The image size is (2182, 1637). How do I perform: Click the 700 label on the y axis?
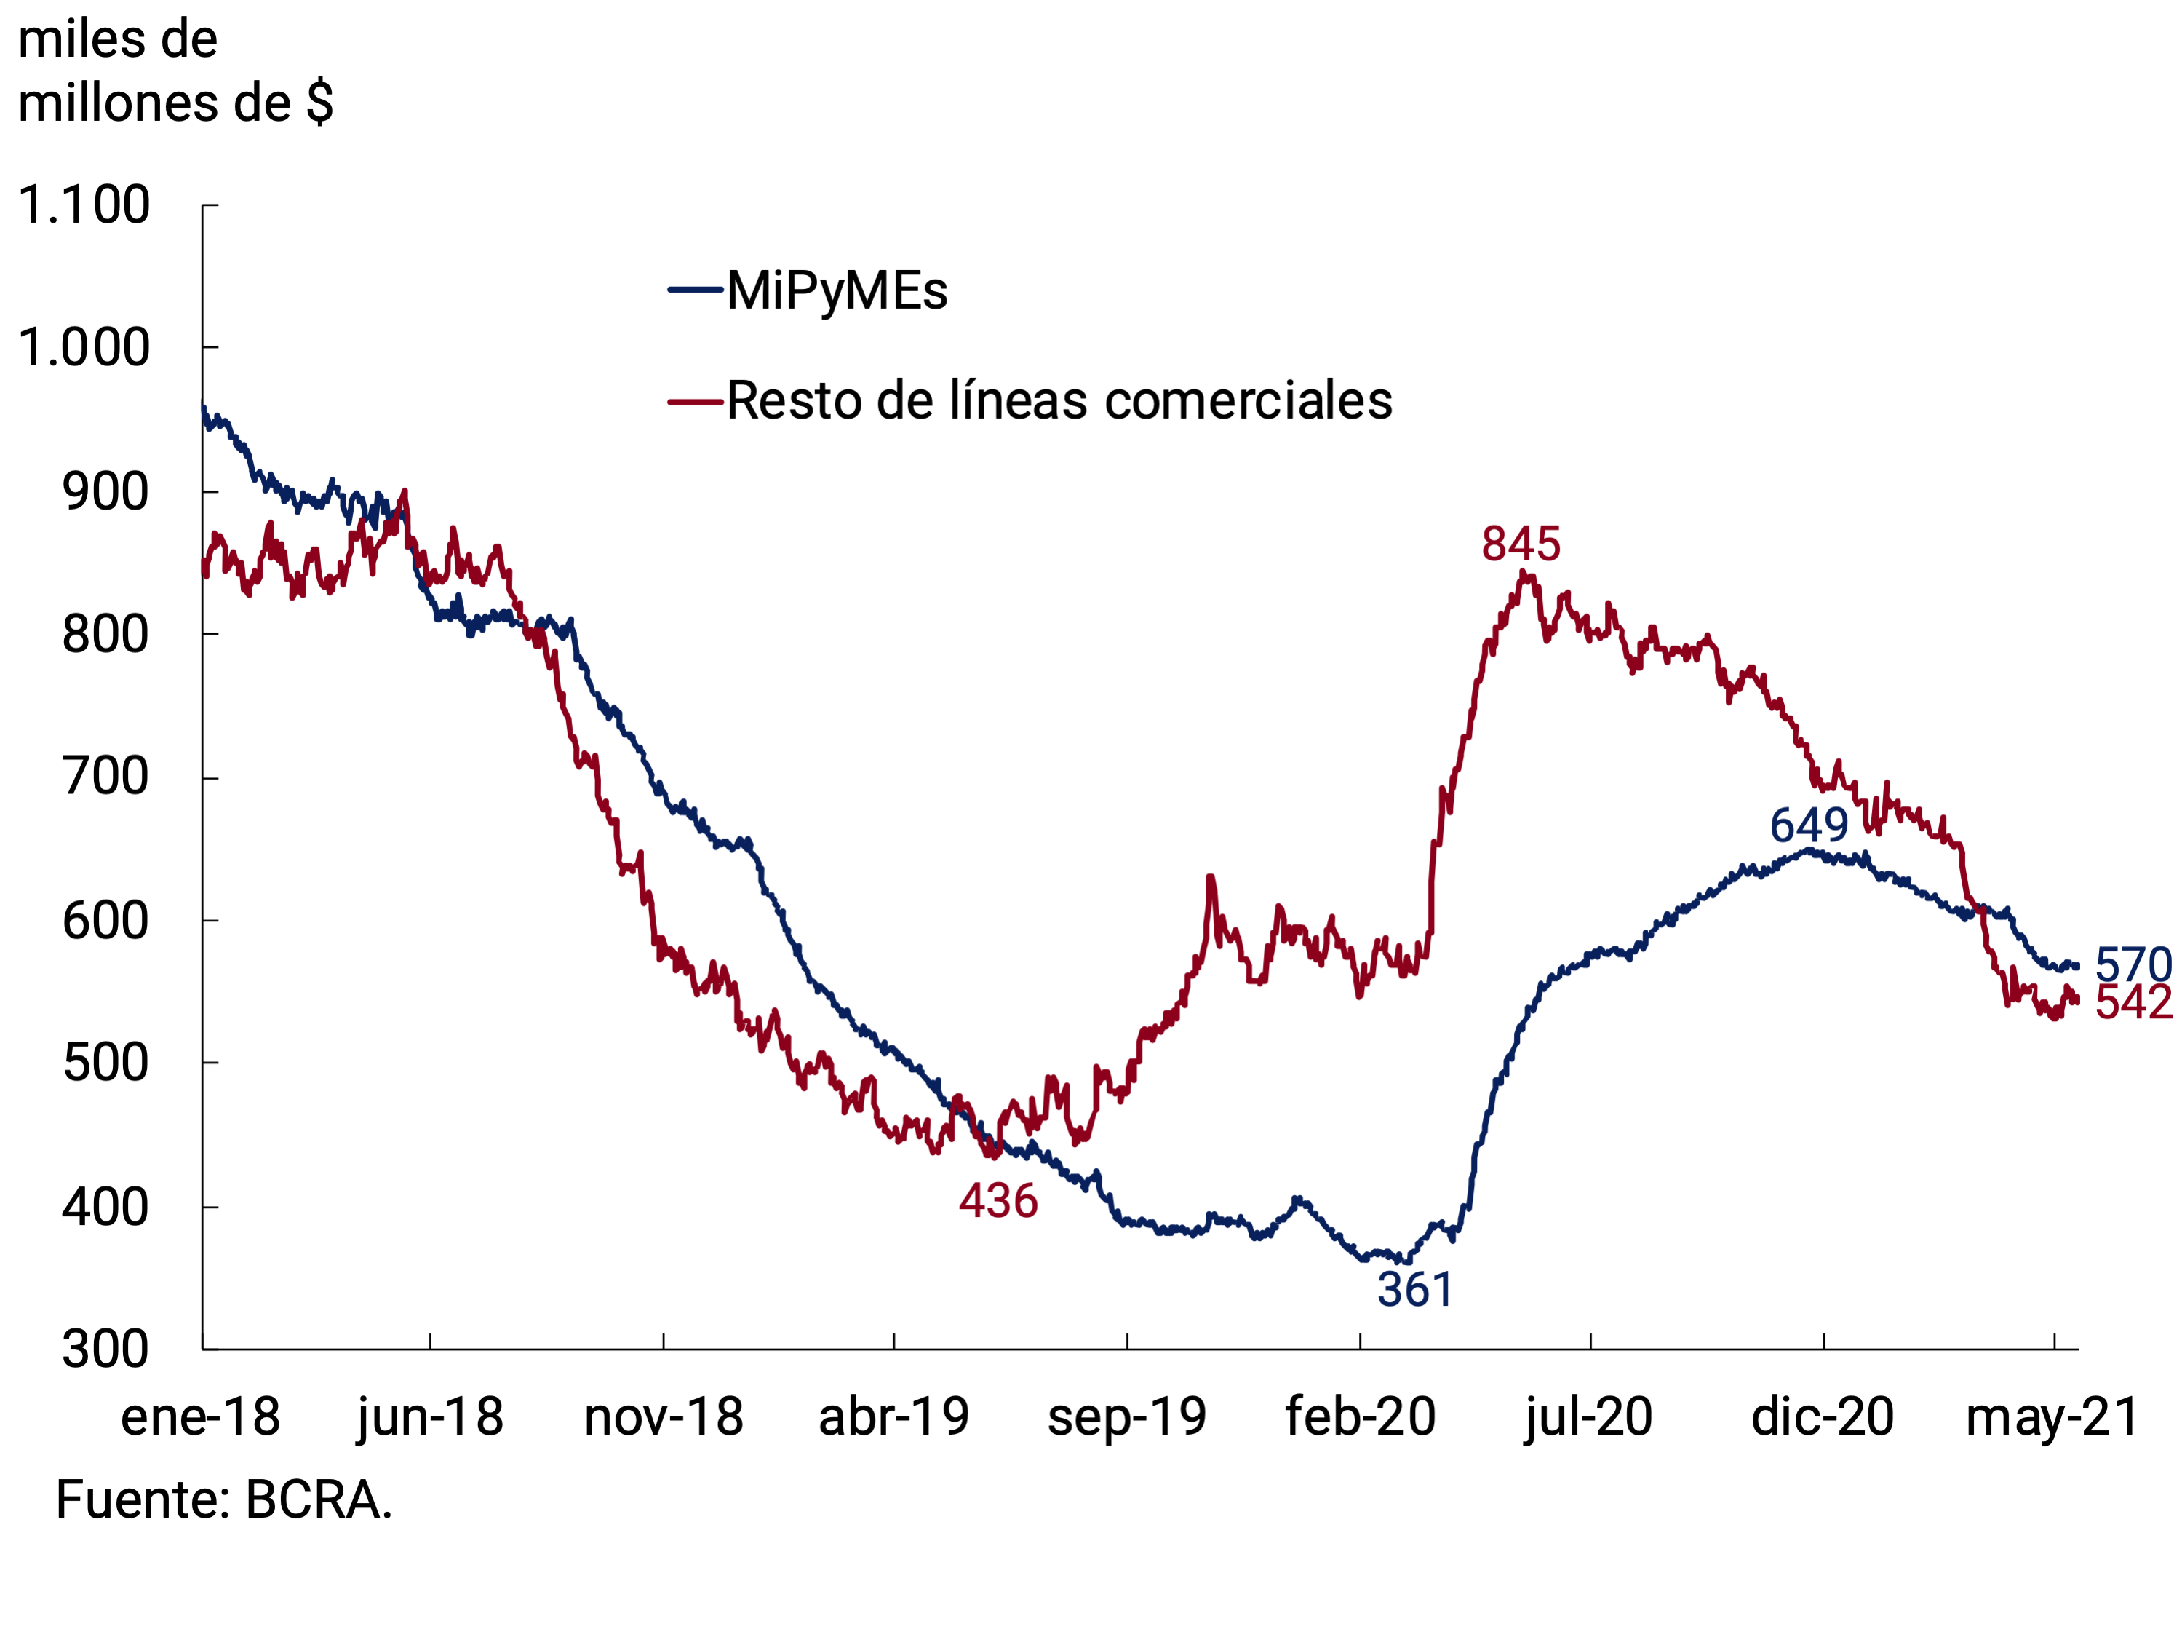tap(105, 777)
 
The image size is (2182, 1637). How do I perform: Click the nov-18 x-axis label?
tap(663, 1417)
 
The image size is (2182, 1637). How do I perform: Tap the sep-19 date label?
tap(1126, 1417)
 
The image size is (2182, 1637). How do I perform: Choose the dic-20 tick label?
tap(1822, 1417)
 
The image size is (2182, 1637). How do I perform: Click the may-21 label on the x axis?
tap(2052, 1417)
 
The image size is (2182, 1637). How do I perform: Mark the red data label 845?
tap(1521, 544)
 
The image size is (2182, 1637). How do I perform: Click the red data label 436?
tap(998, 1201)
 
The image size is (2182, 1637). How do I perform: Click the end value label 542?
tap(2133, 1002)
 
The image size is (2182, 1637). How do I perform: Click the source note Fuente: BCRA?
tap(224, 1500)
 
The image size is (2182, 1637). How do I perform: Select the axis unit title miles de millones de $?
tap(175, 71)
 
